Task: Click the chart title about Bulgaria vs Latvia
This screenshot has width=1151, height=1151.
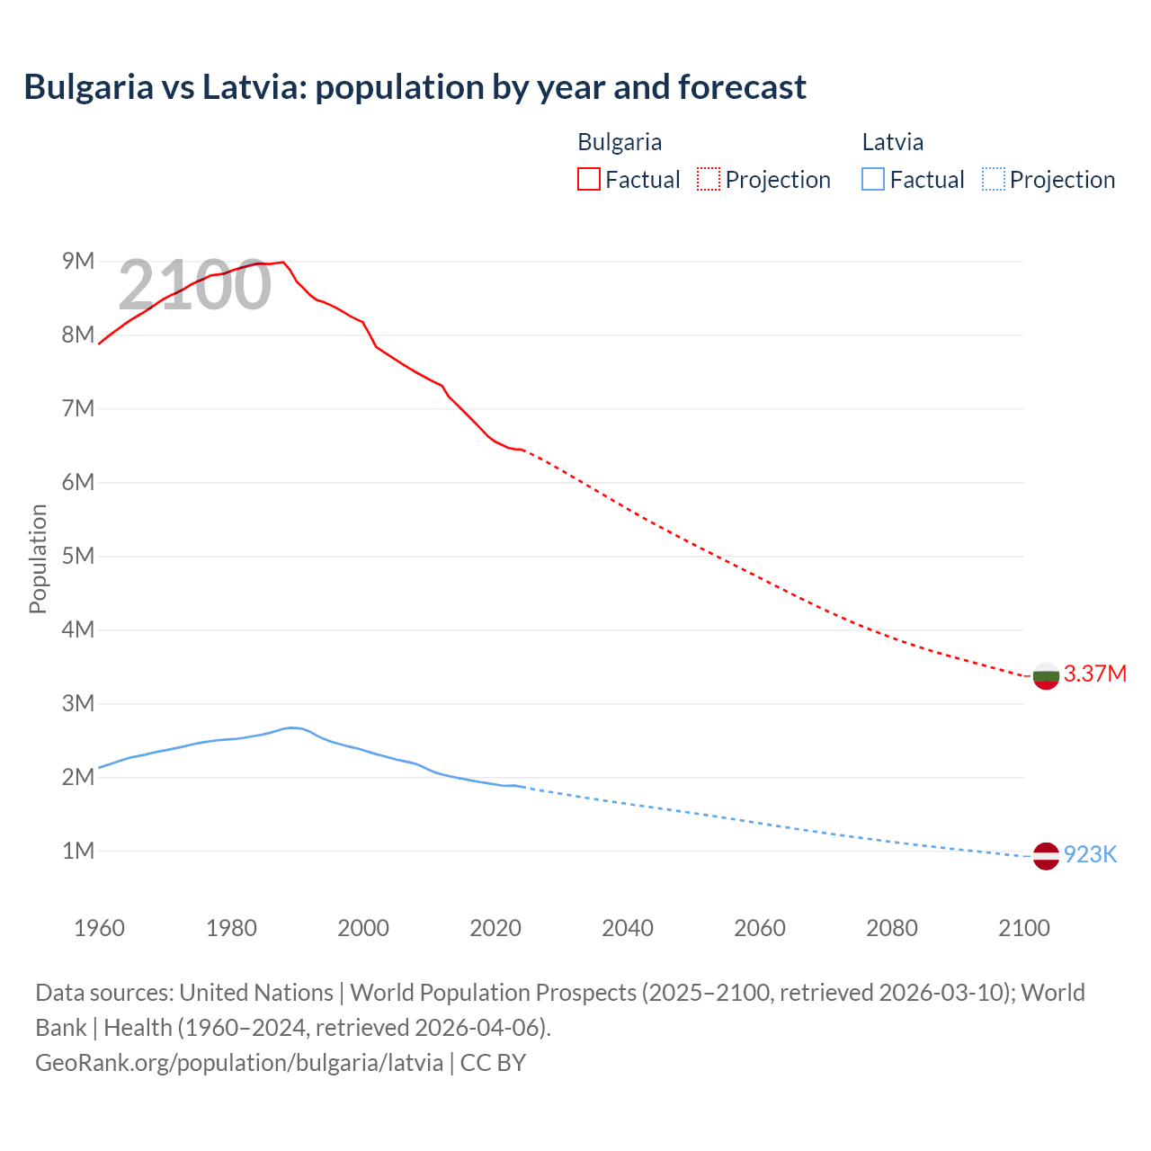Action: point(415,87)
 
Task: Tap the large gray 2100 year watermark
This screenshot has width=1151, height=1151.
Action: point(194,285)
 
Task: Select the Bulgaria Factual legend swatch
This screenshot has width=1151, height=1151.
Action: point(588,179)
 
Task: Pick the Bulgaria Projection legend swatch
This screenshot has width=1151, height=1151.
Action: point(709,179)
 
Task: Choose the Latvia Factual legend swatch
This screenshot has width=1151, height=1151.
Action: point(873,179)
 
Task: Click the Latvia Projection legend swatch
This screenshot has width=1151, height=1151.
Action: point(993,179)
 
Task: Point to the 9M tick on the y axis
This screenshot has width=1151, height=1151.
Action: point(78,261)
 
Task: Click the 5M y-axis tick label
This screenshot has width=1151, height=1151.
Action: point(78,556)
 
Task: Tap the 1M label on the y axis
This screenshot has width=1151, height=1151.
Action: point(78,851)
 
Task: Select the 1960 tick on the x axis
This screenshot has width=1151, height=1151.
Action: point(99,928)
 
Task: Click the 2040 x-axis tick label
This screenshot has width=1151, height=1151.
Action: point(628,928)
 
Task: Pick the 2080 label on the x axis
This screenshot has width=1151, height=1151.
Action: point(892,928)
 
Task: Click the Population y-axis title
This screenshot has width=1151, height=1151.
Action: point(38,558)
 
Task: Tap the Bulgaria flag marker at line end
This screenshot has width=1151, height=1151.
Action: point(1046,676)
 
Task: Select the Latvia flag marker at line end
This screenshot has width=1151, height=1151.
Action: point(1046,856)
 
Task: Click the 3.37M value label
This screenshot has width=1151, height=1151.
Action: point(1094,674)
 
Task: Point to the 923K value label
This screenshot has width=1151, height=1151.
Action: point(1090,854)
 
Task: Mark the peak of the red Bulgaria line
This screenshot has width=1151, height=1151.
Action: point(283,262)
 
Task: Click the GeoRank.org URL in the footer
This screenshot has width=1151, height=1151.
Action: point(239,1062)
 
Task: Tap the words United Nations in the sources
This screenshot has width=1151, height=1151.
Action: point(256,993)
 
